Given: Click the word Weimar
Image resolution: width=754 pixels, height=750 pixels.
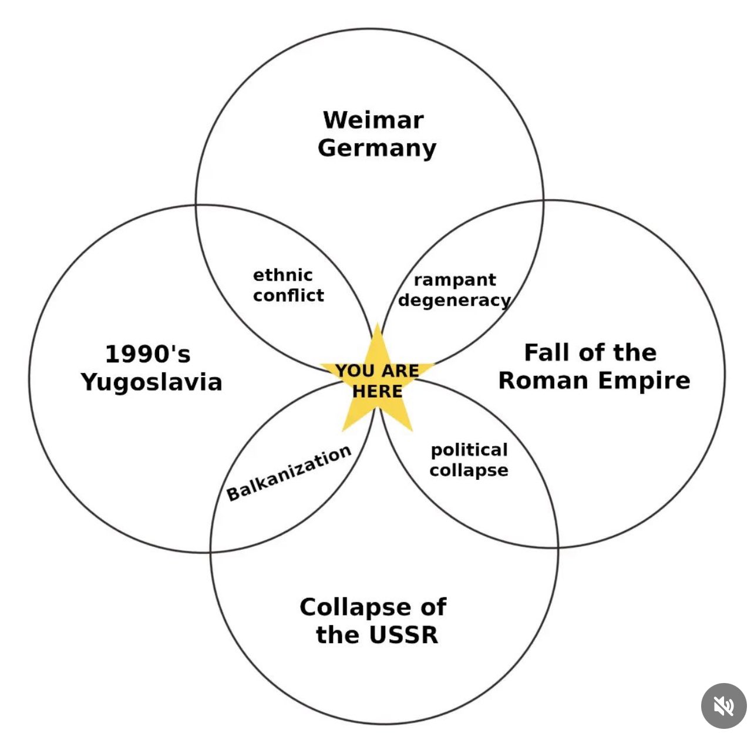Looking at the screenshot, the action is pos(373,120).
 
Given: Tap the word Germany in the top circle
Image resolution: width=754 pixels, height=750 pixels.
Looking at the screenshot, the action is pos(376,149).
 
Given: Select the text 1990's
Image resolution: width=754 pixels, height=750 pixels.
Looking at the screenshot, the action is pos(148,354).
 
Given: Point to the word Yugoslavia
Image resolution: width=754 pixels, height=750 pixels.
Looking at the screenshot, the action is pos(152,382).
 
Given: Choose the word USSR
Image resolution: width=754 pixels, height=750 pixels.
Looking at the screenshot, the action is pos(404,635).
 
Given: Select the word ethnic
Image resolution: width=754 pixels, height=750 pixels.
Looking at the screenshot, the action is pos(283,275).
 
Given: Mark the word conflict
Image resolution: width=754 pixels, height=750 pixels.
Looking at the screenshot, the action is pos(288,295).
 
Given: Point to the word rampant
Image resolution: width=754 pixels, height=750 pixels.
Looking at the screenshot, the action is pos(455,280).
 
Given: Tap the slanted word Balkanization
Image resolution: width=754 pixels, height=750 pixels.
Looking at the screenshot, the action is pos(289,473).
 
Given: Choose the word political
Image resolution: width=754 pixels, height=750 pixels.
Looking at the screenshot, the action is pos(469,450).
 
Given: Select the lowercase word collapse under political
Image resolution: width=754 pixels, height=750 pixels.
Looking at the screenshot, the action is pos(469,470).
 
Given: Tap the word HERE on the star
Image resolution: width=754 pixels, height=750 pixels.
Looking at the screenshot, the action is pos(377,391).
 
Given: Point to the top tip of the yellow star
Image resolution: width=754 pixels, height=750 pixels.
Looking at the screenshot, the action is pos(377,323).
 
